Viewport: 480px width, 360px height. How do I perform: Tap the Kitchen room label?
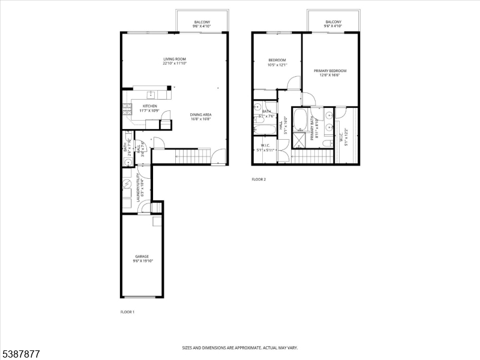[x=149, y=106]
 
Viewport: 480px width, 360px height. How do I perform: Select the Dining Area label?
[x=200, y=115]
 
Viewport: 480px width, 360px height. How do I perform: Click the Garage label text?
[x=142, y=256]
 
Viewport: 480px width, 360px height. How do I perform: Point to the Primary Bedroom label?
[x=330, y=71]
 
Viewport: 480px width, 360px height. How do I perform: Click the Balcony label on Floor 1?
[x=202, y=22]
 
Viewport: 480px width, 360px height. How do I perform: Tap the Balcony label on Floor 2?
[x=333, y=22]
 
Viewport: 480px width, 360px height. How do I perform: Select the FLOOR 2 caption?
[x=259, y=179]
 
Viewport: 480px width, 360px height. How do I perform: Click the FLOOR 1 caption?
[x=127, y=312]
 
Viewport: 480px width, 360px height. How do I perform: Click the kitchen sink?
[x=150, y=95]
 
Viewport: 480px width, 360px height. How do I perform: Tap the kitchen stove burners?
[x=127, y=109]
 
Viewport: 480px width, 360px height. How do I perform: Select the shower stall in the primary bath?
[x=298, y=142]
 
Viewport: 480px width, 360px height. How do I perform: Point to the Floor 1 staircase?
[x=192, y=156]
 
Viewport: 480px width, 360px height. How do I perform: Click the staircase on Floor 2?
[x=312, y=157]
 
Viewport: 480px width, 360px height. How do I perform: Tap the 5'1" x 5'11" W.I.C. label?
[x=265, y=148]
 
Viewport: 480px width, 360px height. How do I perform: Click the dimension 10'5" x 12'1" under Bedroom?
[x=278, y=65]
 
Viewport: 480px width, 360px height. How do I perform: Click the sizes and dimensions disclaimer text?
[x=240, y=347]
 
